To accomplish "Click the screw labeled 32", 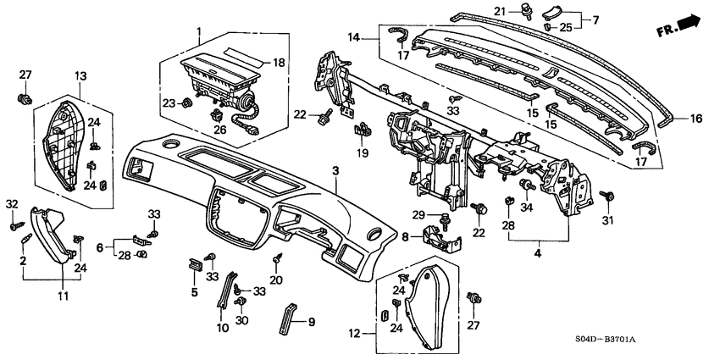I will (x=14, y=226).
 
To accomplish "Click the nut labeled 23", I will (x=185, y=103).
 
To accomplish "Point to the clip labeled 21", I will (x=550, y=13).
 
